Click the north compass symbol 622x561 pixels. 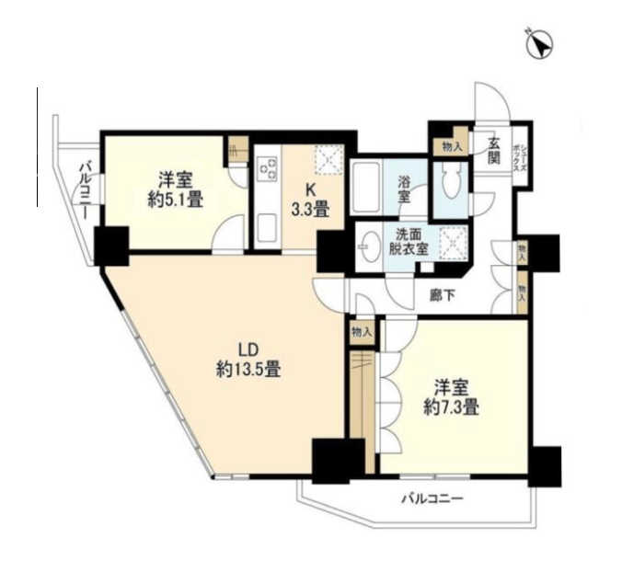click(x=539, y=44)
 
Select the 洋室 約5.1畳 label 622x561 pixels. click(x=176, y=190)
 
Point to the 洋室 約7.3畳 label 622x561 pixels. click(x=451, y=397)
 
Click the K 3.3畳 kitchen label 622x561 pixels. click(x=310, y=200)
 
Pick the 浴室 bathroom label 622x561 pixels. click(x=404, y=189)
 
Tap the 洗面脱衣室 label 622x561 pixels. click(x=409, y=242)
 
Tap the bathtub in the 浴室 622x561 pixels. click(x=366, y=188)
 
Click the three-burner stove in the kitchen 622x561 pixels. click(x=268, y=169)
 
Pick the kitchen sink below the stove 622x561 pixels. click(x=267, y=230)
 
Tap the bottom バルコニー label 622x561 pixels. click(x=432, y=498)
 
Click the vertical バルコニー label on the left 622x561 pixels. click(x=85, y=190)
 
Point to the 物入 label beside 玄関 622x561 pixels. click(x=453, y=148)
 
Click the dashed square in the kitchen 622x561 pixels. click(x=328, y=160)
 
